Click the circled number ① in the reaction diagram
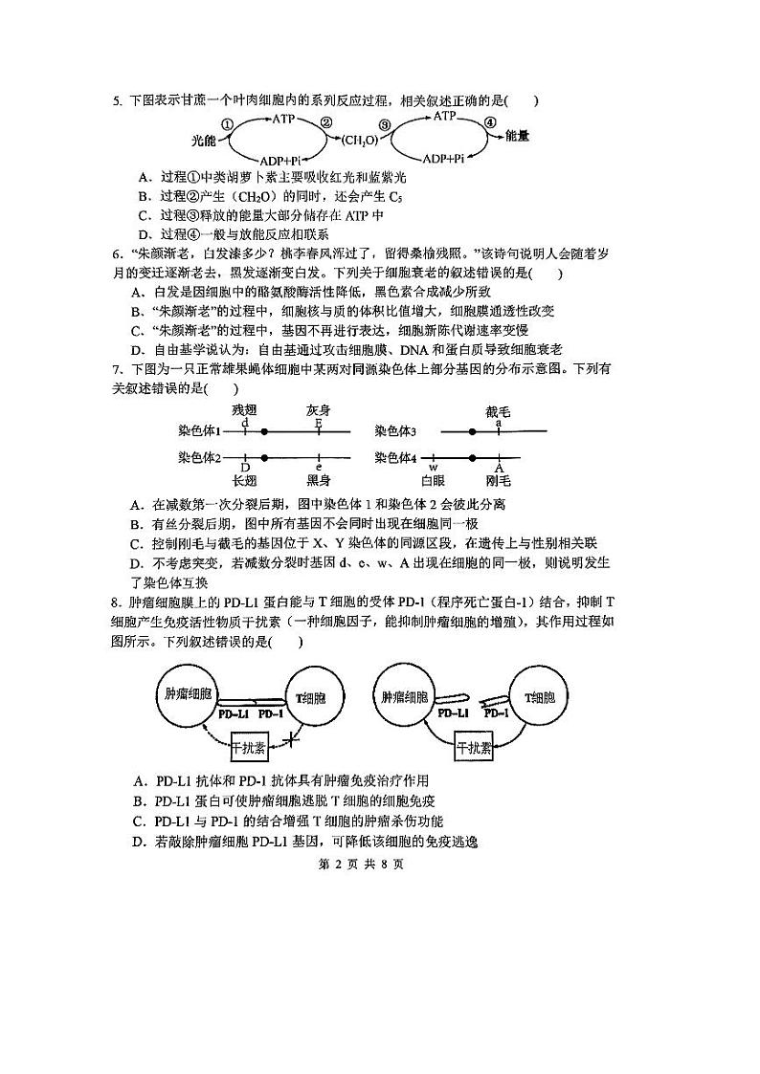tap(227, 124)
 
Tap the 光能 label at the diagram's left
tap(204, 141)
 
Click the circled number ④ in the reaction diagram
tap(491, 123)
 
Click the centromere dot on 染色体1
tap(265, 431)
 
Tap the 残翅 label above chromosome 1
tap(245, 411)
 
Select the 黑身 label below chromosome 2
tap(319, 480)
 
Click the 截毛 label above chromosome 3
tap(499, 411)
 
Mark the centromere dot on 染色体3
tap(473, 431)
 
